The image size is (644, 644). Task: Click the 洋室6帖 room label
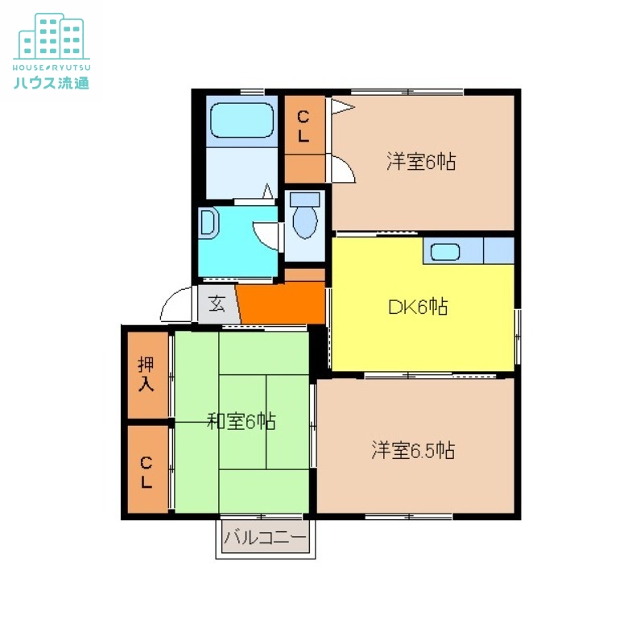(421, 162)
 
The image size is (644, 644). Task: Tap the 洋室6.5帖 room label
(413, 450)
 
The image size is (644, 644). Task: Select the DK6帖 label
(418, 307)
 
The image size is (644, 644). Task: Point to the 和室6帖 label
(241, 421)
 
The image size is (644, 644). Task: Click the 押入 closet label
(146, 375)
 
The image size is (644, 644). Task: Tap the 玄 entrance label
(217, 304)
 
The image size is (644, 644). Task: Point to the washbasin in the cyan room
(207, 223)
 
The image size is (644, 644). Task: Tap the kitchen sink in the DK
(445, 251)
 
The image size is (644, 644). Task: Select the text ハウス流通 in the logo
(51, 80)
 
